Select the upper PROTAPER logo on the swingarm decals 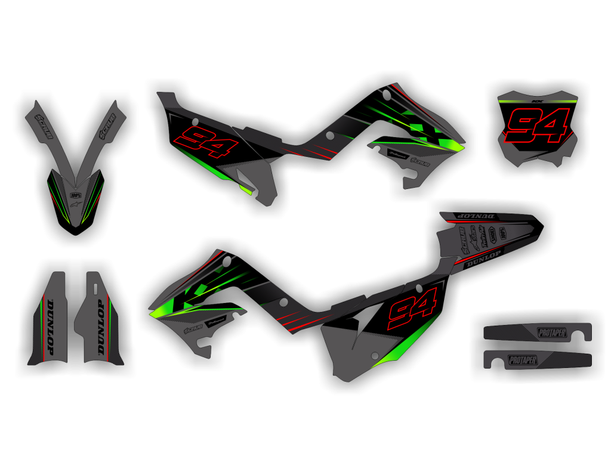pyautogui.click(x=552, y=333)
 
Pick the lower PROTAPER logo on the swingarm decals pyautogui.click(x=523, y=360)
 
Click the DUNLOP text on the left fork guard pyautogui.click(x=50, y=327)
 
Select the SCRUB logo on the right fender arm pyautogui.click(x=109, y=126)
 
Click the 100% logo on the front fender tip pyautogui.click(x=76, y=194)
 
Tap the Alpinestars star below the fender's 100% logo pyautogui.click(x=76, y=205)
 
